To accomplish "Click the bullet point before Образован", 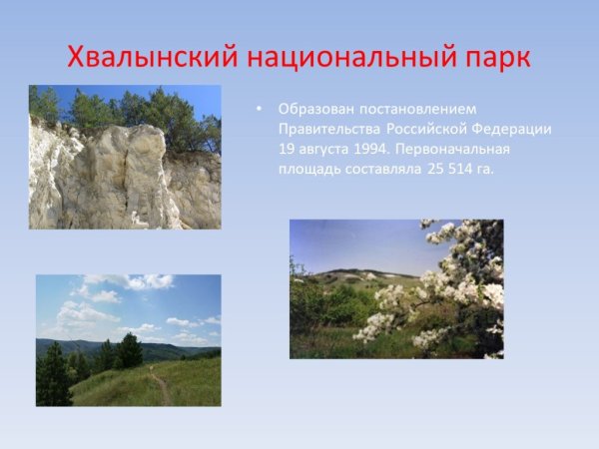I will coord(260,109).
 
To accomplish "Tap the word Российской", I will coord(426,129).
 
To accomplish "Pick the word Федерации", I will coord(512,129).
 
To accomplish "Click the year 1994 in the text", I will coord(366,149).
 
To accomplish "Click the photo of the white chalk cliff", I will coord(125,157).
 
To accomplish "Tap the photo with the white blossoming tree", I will coord(396,288).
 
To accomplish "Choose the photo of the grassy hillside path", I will coord(128,340).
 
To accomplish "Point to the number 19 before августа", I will coord(288,149).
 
